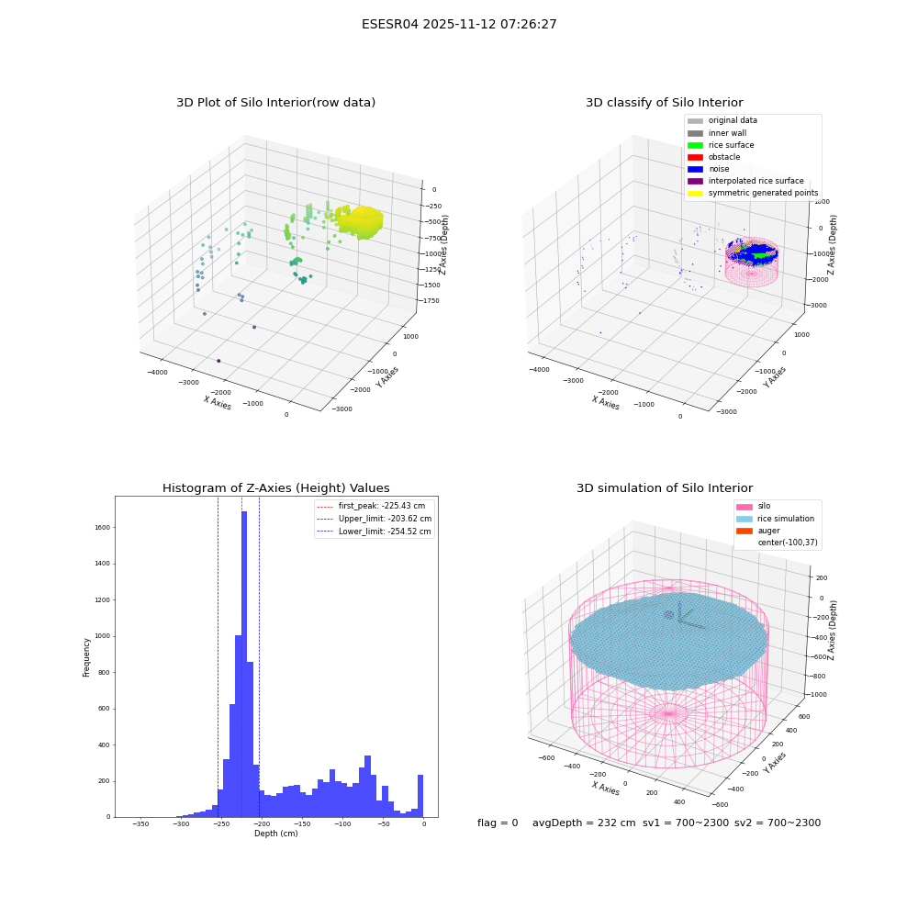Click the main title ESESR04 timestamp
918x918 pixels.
click(459, 24)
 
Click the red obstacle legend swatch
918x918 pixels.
click(695, 157)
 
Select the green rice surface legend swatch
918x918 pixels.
click(695, 145)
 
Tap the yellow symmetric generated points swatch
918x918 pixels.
click(695, 193)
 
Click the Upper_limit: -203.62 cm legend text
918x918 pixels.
click(385, 519)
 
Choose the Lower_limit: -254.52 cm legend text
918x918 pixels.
click(385, 532)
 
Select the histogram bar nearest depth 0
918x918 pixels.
click(420, 796)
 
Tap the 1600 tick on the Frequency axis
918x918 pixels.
click(103, 528)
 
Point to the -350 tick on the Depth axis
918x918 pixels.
click(140, 823)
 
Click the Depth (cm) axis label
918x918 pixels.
click(276, 834)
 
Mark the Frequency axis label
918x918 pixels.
click(86, 657)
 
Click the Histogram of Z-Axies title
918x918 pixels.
click(275, 487)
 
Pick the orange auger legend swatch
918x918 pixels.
click(744, 531)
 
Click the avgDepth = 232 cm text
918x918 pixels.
click(584, 823)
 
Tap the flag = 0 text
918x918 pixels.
click(498, 823)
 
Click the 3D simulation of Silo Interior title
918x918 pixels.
click(665, 487)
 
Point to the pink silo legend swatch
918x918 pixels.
click(744, 507)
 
